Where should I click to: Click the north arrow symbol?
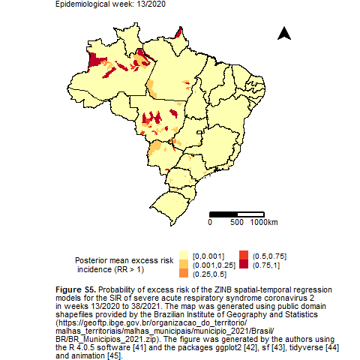tap(284, 34)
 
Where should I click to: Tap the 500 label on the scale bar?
tap(237, 222)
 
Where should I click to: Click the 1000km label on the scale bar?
tap(264, 222)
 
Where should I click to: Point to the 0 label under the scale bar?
tap(210, 222)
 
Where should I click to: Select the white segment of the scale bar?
tap(250, 214)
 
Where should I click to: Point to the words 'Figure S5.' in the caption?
tap(76, 289)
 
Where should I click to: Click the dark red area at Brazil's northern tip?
tap(178, 33)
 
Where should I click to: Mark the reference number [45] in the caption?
tap(115, 355)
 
